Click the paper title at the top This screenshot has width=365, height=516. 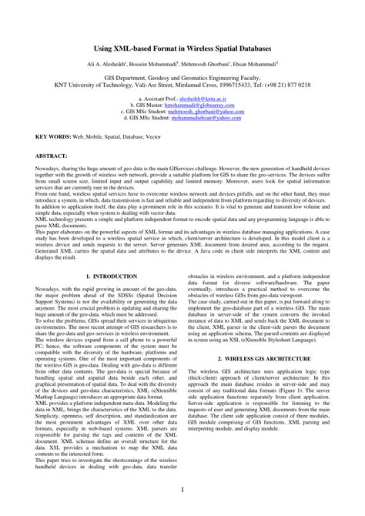[182, 48]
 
